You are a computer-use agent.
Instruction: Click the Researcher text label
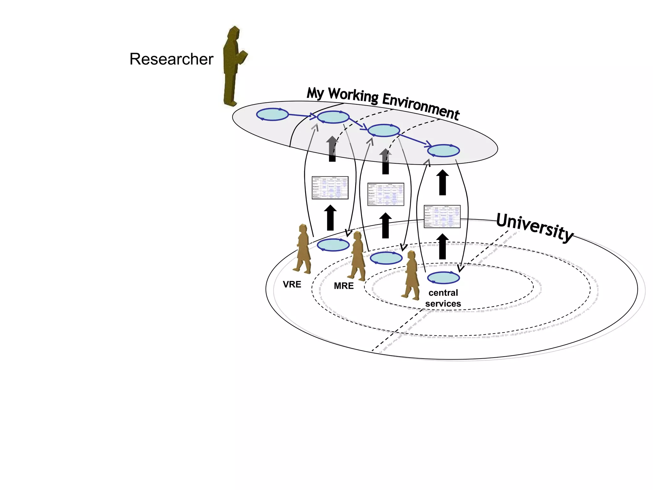click(171, 59)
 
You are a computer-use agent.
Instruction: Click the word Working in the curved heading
click(353, 95)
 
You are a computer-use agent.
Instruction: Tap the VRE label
click(292, 284)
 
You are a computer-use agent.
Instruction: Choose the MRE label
click(343, 286)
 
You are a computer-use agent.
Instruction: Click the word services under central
click(443, 304)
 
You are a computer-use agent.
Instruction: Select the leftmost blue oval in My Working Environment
click(272, 114)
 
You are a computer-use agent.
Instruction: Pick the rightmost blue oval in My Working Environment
click(443, 151)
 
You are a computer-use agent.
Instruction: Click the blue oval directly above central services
click(443, 278)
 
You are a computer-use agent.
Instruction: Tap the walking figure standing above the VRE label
click(303, 249)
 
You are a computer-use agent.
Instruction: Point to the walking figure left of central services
click(412, 275)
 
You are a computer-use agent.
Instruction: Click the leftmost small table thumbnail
click(330, 188)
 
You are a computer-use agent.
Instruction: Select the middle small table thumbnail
click(385, 194)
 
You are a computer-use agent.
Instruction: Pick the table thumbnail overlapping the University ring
click(442, 216)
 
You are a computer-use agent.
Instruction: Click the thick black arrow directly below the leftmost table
click(330, 218)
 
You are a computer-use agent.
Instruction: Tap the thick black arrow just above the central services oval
click(442, 246)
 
